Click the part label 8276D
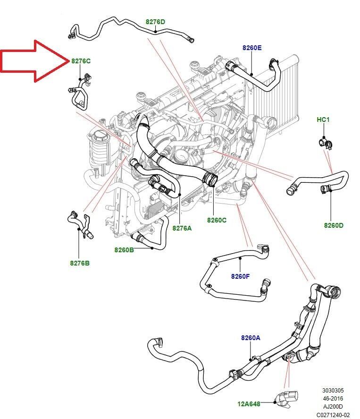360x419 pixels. pyautogui.click(x=155, y=22)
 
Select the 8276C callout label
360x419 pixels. pyautogui.click(x=81, y=61)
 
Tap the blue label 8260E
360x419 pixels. pyautogui.click(x=252, y=48)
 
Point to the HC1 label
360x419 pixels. pyautogui.click(x=323, y=120)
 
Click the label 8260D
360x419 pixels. pyautogui.click(x=334, y=225)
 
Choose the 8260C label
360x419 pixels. pyautogui.click(x=217, y=220)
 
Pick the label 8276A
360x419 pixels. pyautogui.click(x=182, y=228)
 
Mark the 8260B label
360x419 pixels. pyautogui.click(x=124, y=249)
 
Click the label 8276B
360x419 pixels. pyautogui.click(x=80, y=263)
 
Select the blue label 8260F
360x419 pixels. pyautogui.click(x=240, y=276)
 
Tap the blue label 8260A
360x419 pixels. pyautogui.click(x=251, y=338)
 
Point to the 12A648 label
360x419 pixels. pyautogui.click(x=249, y=403)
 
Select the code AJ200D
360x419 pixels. pyautogui.click(x=333, y=406)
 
